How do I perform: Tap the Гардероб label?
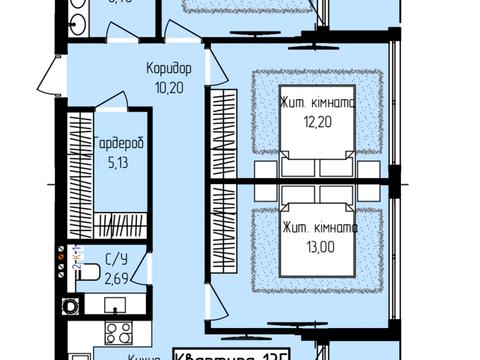(120, 144)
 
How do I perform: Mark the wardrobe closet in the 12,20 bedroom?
(222, 130)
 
